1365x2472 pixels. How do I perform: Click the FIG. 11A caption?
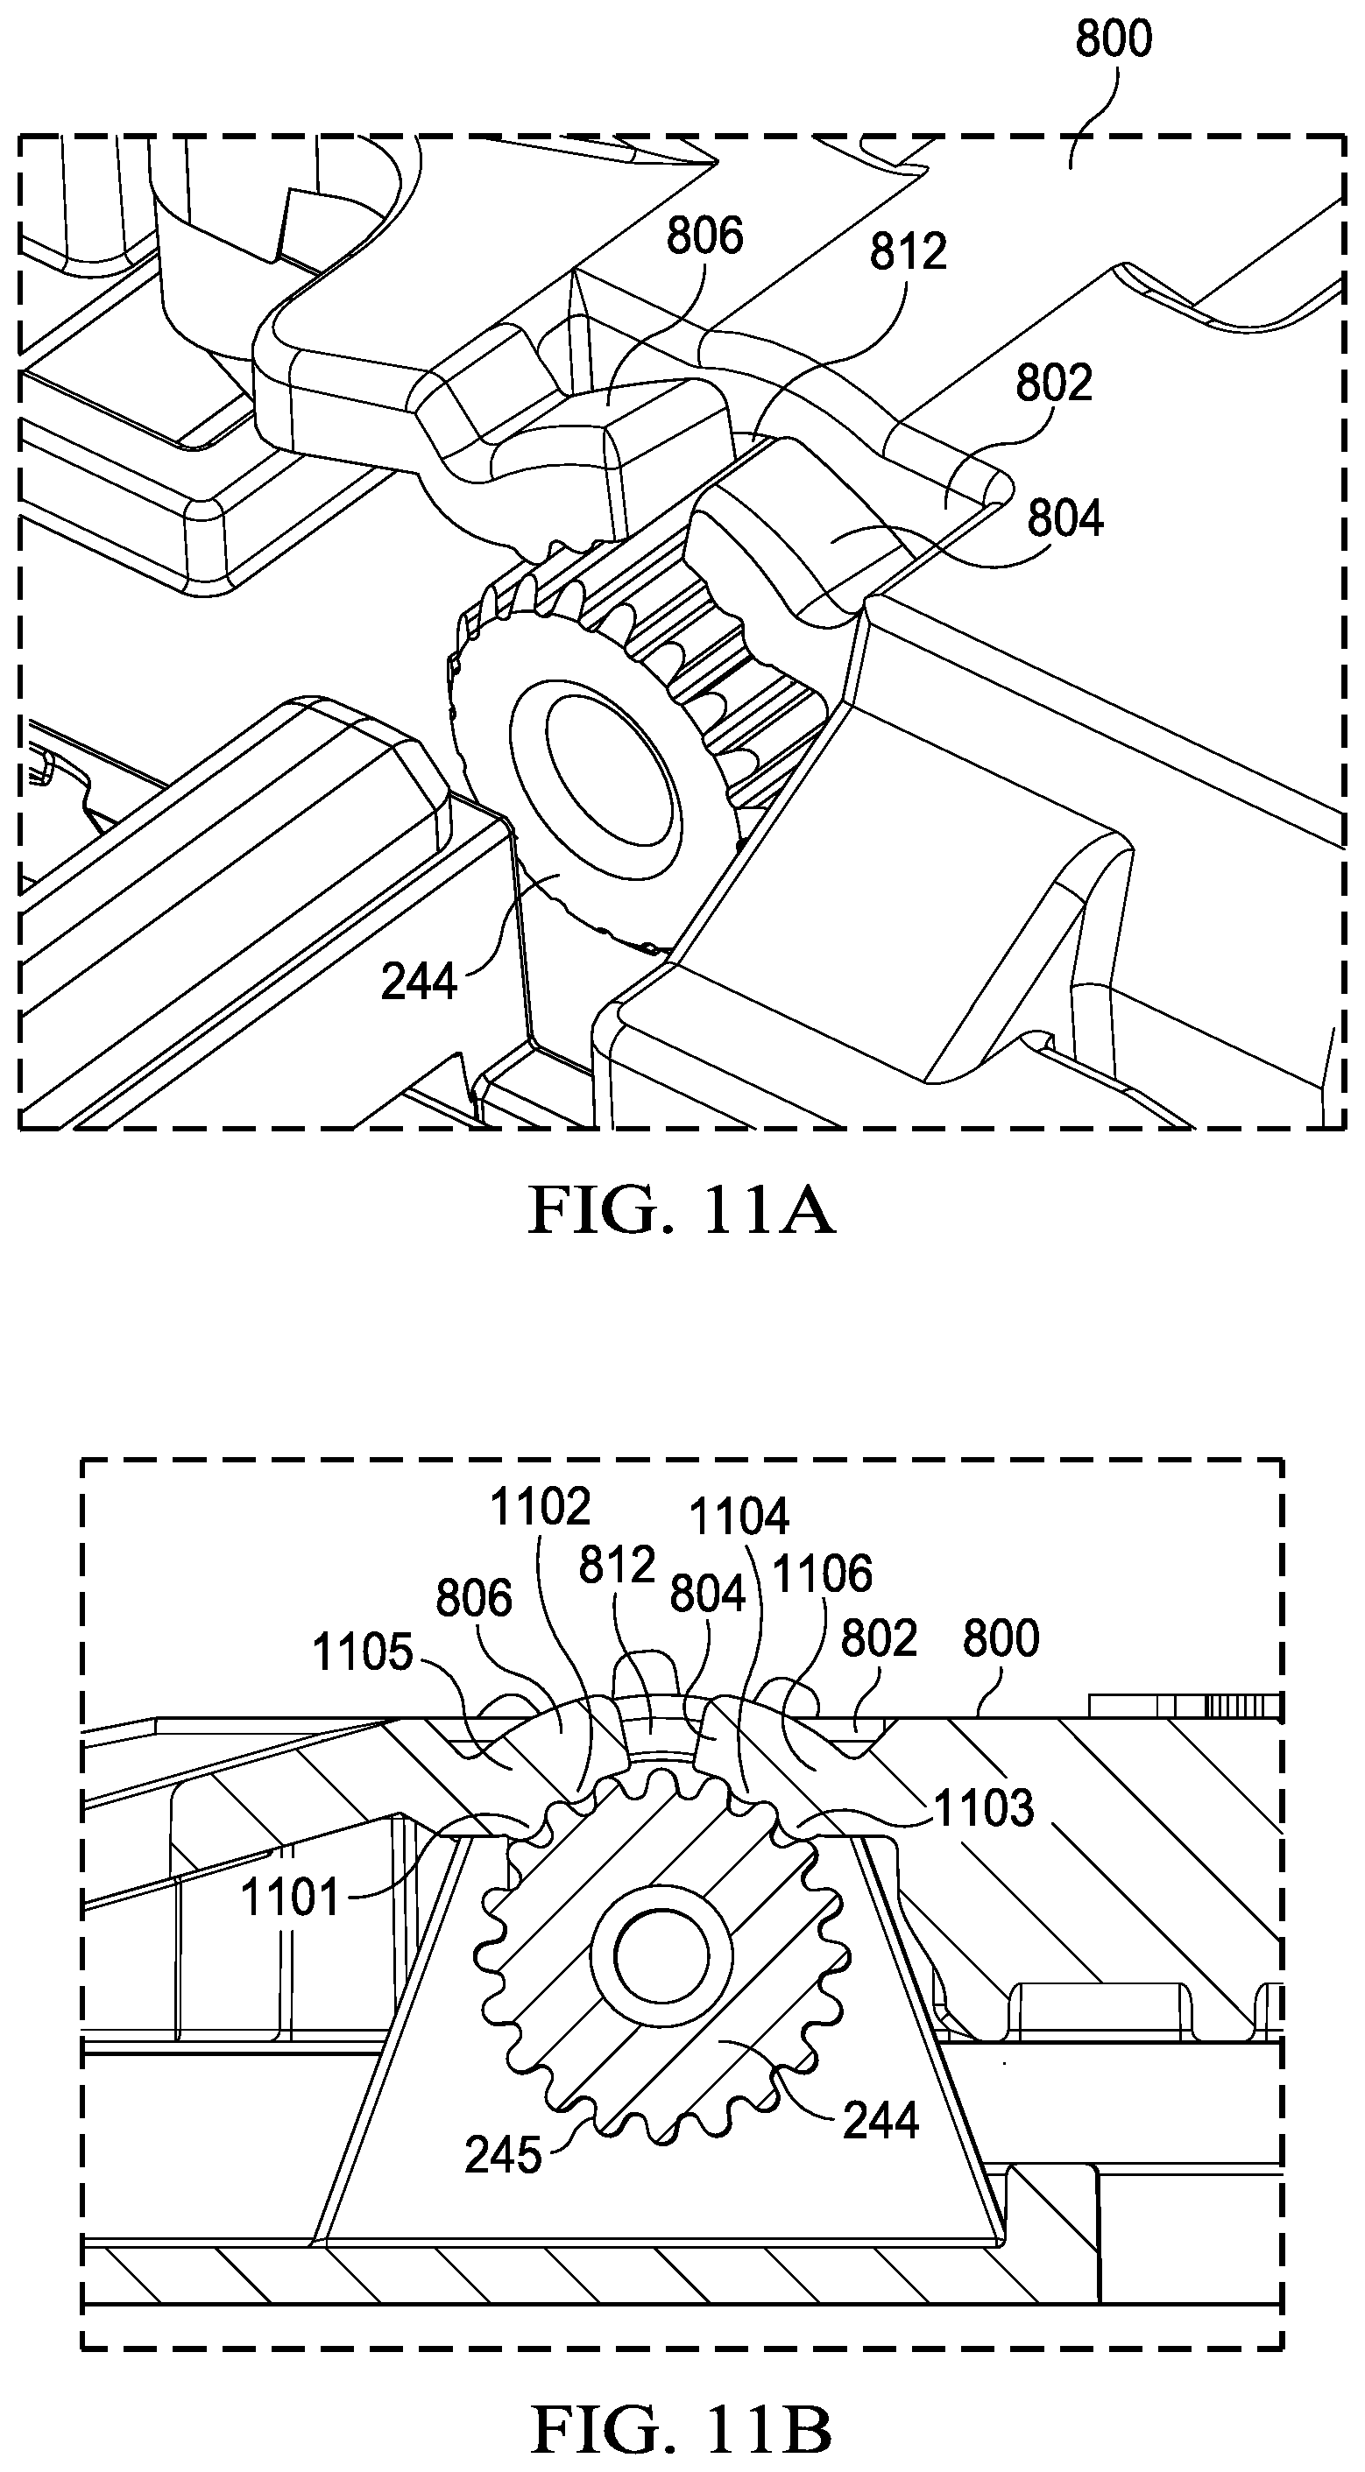(682, 1211)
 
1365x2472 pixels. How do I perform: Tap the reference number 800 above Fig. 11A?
(1114, 39)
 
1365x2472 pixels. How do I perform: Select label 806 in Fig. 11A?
(705, 236)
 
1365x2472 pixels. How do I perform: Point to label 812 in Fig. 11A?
(908, 252)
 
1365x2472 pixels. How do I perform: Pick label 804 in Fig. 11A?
(1065, 519)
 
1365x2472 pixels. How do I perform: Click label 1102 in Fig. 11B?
(541, 1508)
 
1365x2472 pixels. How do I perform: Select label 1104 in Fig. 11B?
(739, 1518)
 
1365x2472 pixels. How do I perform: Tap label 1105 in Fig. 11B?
(363, 1653)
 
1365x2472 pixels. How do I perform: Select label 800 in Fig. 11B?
(1001, 1638)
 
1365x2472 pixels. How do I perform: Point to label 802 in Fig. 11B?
(880, 1638)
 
